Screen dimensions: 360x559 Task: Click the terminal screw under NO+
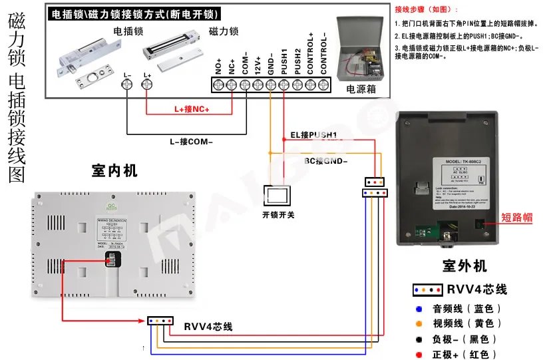click(x=218, y=85)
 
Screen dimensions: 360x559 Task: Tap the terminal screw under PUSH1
click(x=284, y=85)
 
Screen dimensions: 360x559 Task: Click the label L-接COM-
click(x=194, y=141)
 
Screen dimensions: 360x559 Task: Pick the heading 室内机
click(x=114, y=171)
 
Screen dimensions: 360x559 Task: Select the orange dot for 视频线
click(x=418, y=324)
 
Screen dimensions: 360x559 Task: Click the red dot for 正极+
click(x=418, y=355)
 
